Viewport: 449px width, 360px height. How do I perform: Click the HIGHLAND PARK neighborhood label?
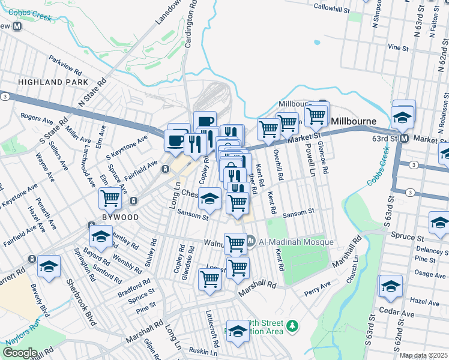(x=53, y=82)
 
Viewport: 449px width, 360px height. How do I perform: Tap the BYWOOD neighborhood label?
(x=120, y=217)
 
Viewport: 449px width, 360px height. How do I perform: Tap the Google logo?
(x=20, y=353)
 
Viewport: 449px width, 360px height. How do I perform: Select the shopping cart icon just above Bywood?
(x=110, y=197)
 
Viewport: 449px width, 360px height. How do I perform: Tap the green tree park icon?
(x=292, y=326)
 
